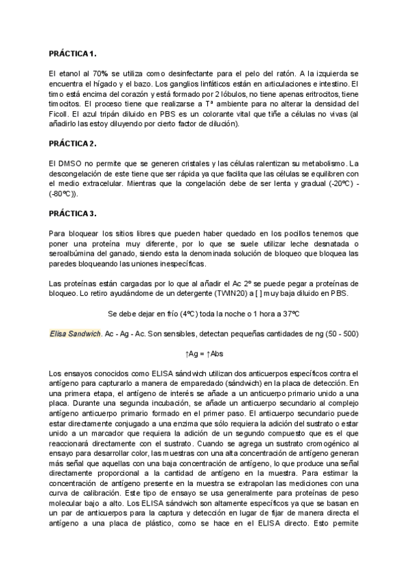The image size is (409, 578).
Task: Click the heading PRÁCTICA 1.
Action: [73, 53]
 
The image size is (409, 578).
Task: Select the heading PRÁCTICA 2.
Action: [73, 143]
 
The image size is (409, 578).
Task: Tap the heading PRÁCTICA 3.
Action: [73, 214]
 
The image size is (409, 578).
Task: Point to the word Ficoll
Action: [61, 113]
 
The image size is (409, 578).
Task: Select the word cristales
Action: [192, 164]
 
